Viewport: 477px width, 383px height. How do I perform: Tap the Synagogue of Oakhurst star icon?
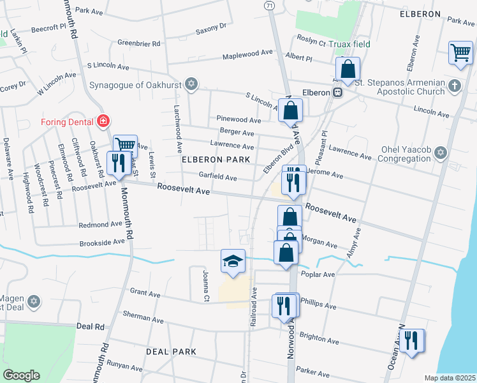pos(190,84)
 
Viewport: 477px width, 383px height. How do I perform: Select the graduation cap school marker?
pos(232,261)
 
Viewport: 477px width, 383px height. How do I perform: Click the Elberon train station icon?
pos(339,93)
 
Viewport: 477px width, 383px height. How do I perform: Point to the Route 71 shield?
pos(270,4)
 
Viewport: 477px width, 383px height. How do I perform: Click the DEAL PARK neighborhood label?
pos(171,352)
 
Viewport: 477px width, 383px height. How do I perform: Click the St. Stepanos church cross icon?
pos(454,86)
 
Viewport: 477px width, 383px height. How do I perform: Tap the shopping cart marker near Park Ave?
pos(460,53)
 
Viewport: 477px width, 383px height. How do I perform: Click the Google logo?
pos(22,375)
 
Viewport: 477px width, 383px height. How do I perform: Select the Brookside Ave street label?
pos(102,243)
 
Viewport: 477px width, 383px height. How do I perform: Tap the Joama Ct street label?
pos(205,286)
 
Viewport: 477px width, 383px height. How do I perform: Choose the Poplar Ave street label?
pos(320,274)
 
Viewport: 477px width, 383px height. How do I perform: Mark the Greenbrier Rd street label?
pos(139,43)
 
